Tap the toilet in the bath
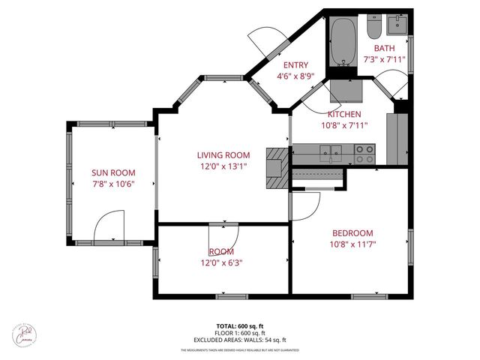[x=373, y=28]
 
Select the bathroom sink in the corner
[x=397, y=25]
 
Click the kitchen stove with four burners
[x=364, y=154]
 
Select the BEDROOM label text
[x=351, y=233]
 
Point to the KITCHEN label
[x=340, y=114]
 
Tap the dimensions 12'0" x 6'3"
[x=221, y=262]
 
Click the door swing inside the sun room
[x=109, y=226]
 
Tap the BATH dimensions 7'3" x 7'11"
[x=384, y=58]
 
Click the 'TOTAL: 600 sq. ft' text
[x=240, y=326]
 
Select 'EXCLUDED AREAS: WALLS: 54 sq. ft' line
[x=240, y=340]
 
